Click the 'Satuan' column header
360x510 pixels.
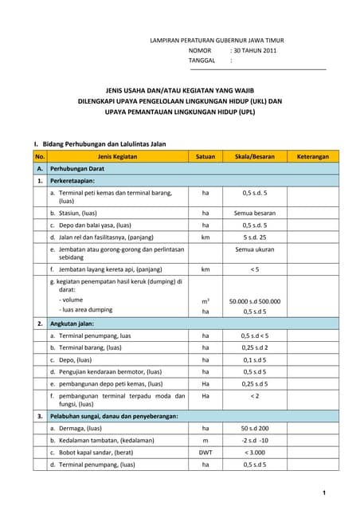tap(205, 157)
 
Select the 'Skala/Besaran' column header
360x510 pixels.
tap(255, 157)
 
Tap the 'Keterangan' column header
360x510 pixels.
tap(313, 157)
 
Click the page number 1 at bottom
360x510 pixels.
tap(324, 493)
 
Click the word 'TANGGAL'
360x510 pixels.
tap(202, 60)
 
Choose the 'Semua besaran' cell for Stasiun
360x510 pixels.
tap(255, 213)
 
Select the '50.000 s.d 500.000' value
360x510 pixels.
tap(255, 300)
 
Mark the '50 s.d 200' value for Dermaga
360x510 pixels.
tap(255, 429)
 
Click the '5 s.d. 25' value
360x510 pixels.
tap(255, 237)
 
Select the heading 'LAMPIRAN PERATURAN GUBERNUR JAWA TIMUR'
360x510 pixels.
tap(217, 39)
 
